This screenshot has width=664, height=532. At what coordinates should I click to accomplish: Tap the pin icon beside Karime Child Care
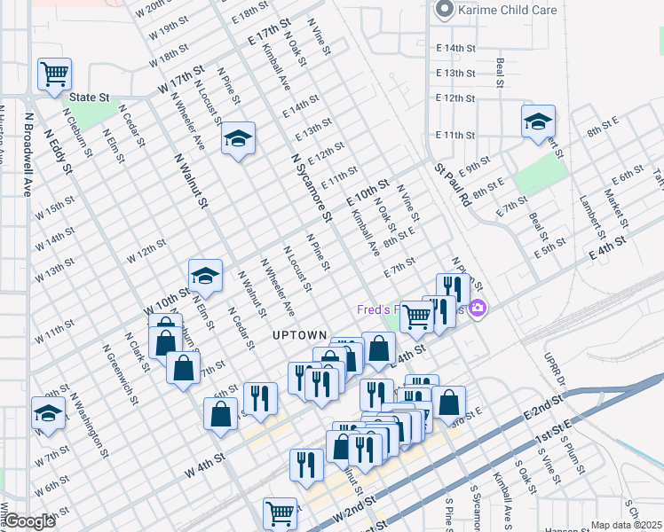click(x=443, y=11)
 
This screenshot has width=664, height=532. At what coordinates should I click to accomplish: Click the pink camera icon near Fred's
click(x=478, y=309)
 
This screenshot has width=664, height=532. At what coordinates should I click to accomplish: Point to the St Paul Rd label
click(x=452, y=184)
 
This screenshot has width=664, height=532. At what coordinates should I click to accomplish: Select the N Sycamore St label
click(x=311, y=185)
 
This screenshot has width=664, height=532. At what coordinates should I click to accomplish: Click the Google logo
click(x=29, y=521)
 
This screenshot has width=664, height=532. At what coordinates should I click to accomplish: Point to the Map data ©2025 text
click(x=626, y=525)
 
